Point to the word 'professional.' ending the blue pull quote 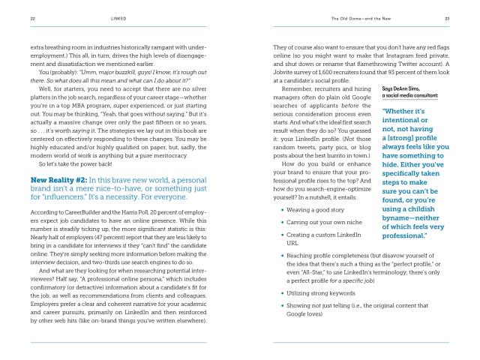point(405,236)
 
